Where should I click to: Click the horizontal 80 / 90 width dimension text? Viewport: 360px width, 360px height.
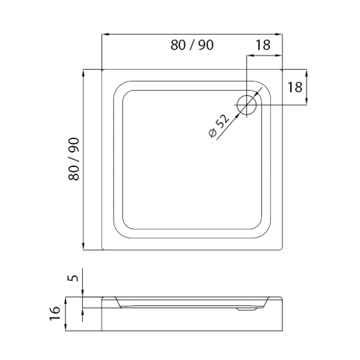pyautogui.click(x=192, y=45)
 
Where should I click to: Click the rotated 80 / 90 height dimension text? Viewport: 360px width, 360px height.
pyautogui.click(x=73, y=159)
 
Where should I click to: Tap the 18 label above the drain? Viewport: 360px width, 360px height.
pyautogui.click(x=263, y=45)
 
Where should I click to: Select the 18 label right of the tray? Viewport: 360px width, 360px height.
pyautogui.click(x=295, y=87)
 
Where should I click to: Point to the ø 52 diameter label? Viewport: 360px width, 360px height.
pyautogui.click(x=219, y=126)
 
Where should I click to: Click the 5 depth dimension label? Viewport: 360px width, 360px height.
pyautogui.click(x=74, y=278)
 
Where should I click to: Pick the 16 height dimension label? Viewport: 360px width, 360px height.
pyautogui.click(x=55, y=312)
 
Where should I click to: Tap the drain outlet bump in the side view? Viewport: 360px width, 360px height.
pyautogui.click(x=247, y=310)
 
